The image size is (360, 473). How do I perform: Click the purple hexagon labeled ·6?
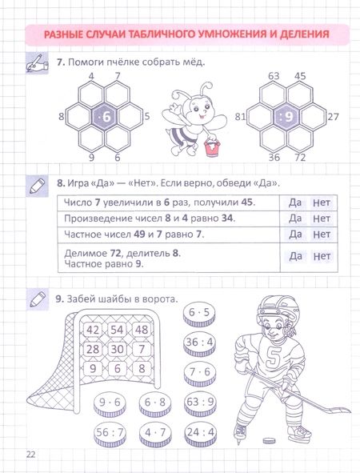[105, 117]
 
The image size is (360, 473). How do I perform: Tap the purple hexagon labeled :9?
[286, 117]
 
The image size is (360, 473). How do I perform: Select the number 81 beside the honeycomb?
[240, 116]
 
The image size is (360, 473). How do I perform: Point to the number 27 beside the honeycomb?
[333, 116]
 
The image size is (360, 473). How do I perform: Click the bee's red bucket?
[211, 147]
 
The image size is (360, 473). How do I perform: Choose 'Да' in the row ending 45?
[295, 202]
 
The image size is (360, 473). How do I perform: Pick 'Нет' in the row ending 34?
[322, 218]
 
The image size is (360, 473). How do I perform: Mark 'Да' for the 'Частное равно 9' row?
[295, 256]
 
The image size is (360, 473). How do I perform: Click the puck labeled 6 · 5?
[199, 314]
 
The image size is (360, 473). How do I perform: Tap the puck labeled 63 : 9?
[200, 403]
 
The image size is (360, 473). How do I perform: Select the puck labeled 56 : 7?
[110, 434]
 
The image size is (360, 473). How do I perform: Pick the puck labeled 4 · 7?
[155, 434]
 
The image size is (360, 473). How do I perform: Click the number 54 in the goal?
[117, 330]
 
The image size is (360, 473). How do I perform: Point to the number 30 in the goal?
[117, 349]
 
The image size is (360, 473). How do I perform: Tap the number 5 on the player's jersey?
[274, 357]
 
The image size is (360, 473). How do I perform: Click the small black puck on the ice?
[269, 441]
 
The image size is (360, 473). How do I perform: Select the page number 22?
[30, 455]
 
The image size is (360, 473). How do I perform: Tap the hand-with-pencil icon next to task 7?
[37, 63]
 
